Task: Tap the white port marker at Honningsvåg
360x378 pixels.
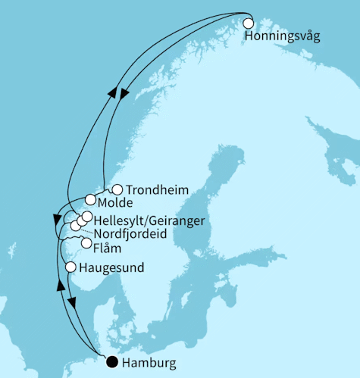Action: point(247,23)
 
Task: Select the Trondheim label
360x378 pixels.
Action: point(157,190)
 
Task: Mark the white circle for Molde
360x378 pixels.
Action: point(91,201)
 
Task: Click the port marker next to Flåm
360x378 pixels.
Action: point(86,243)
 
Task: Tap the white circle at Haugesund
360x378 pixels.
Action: point(71,267)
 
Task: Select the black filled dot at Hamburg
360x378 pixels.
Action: point(112,362)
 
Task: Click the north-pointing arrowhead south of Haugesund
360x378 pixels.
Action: point(59,285)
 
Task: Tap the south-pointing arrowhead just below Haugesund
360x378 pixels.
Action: point(73,303)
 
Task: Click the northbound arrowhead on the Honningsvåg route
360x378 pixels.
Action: point(111,92)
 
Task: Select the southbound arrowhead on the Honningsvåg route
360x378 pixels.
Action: point(125,93)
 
